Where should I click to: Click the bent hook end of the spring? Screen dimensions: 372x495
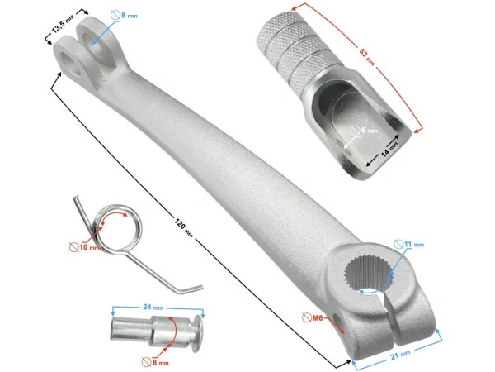click(x=191, y=286)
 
